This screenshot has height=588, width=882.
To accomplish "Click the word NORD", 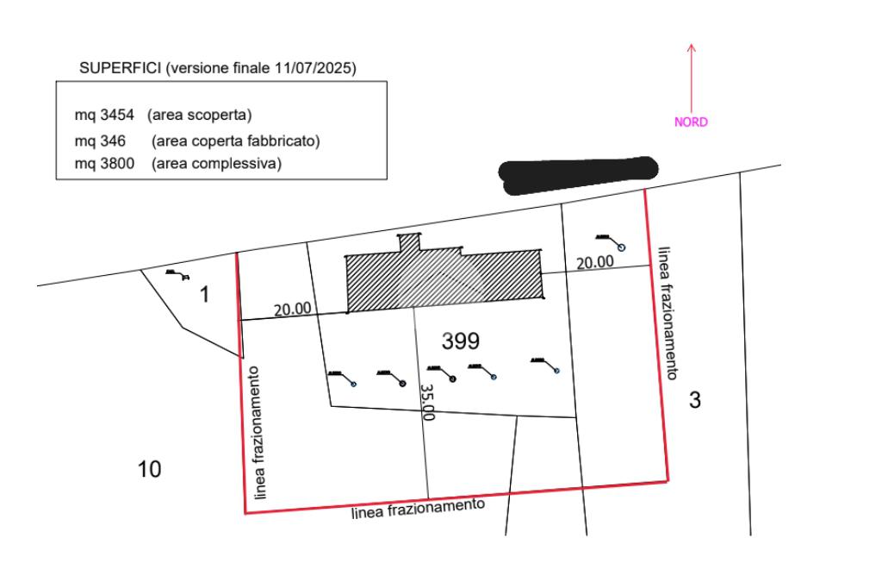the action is (x=691, y=122).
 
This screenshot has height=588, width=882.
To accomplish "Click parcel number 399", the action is (x=460, y=341).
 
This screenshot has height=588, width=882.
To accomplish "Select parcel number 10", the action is (x=150, y=469).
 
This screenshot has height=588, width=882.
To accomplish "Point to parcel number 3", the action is (x=695, y=399).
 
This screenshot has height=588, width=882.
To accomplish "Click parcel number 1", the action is (x=204, y=295).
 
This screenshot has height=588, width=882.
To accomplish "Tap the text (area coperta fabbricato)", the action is (x=236, y=140).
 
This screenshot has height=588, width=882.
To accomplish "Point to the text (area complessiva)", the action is (x=216, y=163).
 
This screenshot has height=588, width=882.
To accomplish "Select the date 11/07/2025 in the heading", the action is (x=314, y=68).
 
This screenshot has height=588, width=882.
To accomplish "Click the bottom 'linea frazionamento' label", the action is (x=419, y=510).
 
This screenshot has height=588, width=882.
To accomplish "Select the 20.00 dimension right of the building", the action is (x=595, y=262).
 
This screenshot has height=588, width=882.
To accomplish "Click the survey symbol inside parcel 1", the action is (x=176, y=275).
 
